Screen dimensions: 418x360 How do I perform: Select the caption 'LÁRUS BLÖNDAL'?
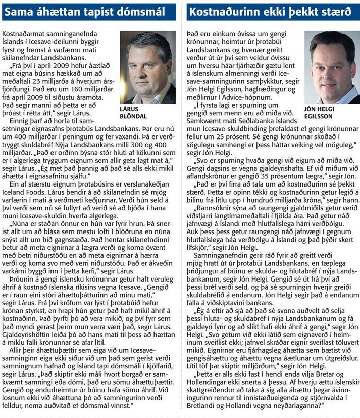tap(137, 112)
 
